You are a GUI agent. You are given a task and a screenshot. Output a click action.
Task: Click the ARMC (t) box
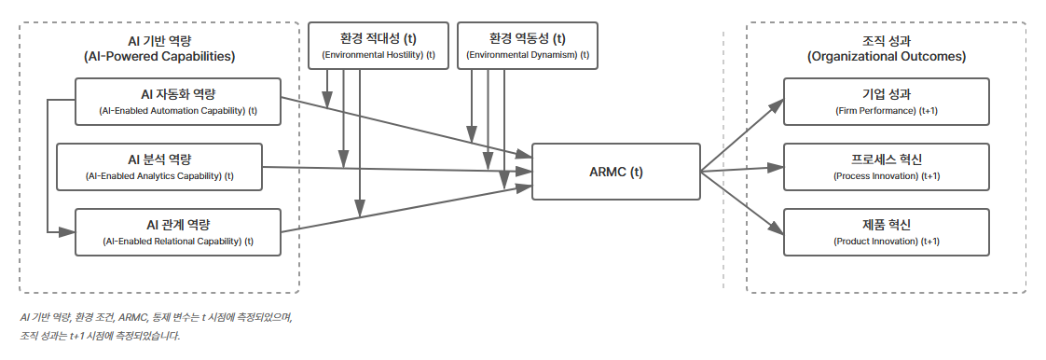[615, 172]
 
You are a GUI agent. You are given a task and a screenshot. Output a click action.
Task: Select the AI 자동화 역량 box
[177, 102]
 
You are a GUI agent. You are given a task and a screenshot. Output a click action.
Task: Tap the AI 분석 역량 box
[159, 167]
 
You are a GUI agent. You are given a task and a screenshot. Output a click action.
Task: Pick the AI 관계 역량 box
[177, 232]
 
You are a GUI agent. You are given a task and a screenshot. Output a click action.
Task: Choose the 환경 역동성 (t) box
[528, 46]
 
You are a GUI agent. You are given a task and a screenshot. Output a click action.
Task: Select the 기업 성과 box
[886, 102]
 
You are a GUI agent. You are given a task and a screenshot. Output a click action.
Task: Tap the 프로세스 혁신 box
[886, 167]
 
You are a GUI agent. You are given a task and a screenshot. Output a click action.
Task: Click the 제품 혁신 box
[886, 232]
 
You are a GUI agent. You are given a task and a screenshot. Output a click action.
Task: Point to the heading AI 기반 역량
[158, 40]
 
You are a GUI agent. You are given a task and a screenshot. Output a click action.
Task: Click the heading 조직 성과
[886, 40]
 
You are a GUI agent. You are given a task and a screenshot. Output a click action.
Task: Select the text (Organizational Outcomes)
[886, 57]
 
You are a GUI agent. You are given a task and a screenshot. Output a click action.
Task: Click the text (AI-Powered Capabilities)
[158, 57]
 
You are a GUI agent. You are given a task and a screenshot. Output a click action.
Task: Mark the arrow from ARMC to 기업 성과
[741, 134]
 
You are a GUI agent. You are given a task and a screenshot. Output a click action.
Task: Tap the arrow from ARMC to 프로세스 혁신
[741, 170]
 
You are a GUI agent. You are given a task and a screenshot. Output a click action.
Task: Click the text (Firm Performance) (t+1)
[886, 111]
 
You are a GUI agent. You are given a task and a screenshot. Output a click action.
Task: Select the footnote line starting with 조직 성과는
[100, 336]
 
